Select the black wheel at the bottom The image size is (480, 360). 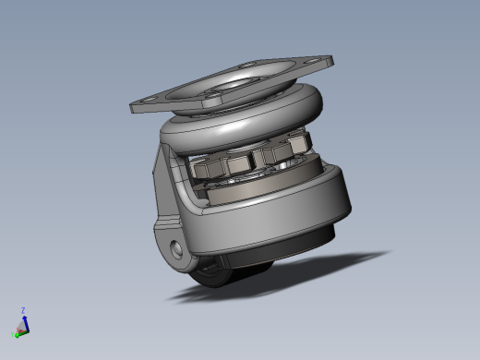coord(210,274)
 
